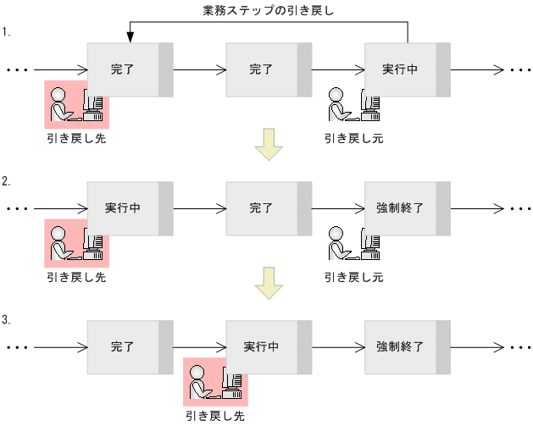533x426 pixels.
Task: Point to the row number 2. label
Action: [x=6, y=181]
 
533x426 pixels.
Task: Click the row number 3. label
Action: [x=6, y=320]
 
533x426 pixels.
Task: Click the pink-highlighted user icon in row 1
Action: [x=76, y=103]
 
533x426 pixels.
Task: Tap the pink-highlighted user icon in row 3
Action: [x=214, y=381]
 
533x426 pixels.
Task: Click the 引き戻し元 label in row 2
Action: [x=353, y=277]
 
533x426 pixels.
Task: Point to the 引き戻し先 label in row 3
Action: [x=214, y=416]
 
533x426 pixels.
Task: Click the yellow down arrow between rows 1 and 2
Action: [x=269, y=145]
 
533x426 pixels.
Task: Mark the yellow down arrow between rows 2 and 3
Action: [x=269, y=283]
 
